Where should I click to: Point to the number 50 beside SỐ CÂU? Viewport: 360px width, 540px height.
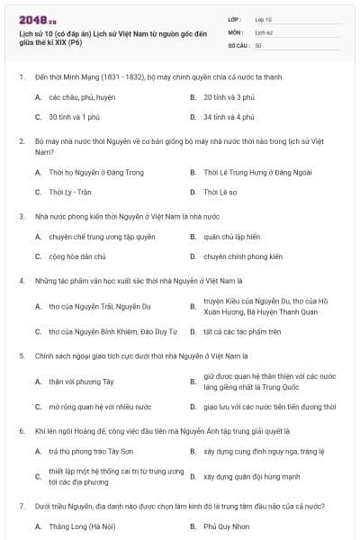[258, 44]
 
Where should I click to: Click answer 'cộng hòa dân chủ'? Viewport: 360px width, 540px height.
[76, 256]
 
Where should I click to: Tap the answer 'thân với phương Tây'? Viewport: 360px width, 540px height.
[75, 382]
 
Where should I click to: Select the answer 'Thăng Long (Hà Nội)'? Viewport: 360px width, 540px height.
[82, 525]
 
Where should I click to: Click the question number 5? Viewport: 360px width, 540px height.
[21, 356]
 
